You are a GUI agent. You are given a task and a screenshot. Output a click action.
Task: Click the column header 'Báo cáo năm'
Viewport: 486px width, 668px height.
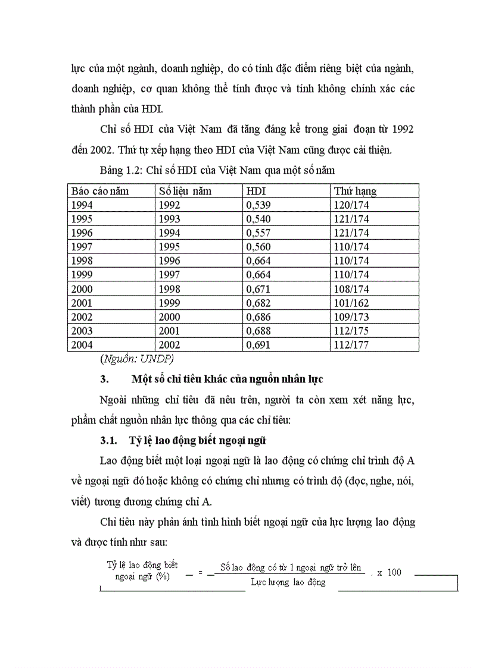pos(100,191)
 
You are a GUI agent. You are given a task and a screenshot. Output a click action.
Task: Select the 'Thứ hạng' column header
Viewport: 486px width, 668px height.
pos(355,191)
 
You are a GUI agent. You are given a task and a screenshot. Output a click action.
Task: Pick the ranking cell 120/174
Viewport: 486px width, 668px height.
pos(351,205)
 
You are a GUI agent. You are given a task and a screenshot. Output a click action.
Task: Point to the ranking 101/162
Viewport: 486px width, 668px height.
pos(351,303)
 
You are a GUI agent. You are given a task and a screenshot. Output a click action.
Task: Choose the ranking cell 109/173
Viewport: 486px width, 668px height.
pos(351,317)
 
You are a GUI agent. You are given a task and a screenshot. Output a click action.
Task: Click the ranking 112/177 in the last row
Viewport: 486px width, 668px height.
pos(351,345)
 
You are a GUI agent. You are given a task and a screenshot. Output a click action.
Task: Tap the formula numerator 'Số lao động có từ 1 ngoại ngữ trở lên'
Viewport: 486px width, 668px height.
pos(291,567)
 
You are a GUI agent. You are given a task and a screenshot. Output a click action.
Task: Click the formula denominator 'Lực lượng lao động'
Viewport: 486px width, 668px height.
pos(288,582)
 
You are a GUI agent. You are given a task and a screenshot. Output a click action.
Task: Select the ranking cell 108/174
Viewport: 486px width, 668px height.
pos(351,289)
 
